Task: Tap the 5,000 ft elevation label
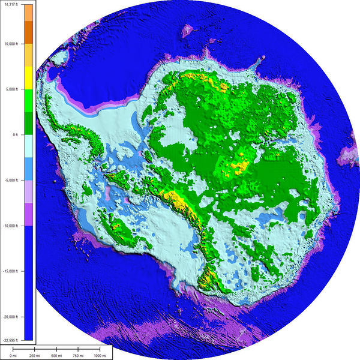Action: click(x=10, y=89)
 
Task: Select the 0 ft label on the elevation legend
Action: click(x=13, y=134)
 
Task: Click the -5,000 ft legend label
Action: click(x=10, y=180)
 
